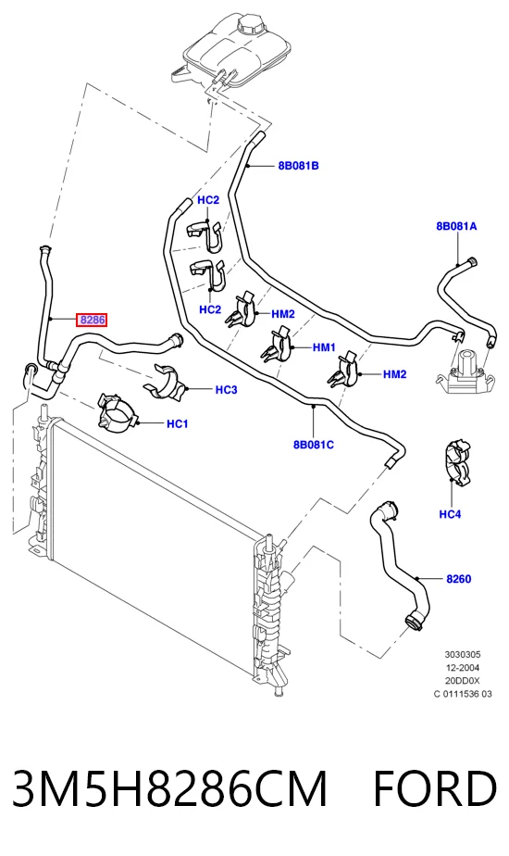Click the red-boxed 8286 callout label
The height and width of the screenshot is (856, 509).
pyautogui.click(x=92, y=320)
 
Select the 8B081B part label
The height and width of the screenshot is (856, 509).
pyautogui.click(x=298, y=166)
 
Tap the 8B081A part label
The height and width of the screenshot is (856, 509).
pyautogui.click(x=456, y=226)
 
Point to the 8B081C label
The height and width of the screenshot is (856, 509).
pyautogui.click(x=314, y=445)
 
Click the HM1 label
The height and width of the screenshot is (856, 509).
pyautogui.click(x=324, y=347)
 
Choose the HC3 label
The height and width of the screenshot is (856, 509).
pyautogui.click(x=227, y=390)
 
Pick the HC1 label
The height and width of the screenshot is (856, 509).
pyautogui.click(x=178, y=423)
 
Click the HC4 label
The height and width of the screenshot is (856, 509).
pyautogui.click(x=450, y=514)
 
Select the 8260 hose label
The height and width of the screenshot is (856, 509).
pyautogui.click(x=459, y=579)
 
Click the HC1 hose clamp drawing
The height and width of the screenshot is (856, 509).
pyautogui.click(x=118, y=411)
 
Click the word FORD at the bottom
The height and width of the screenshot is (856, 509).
pyautogui.click(x=435, y=788)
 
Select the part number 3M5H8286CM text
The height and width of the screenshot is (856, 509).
pyautogui.click(x=169, y=788)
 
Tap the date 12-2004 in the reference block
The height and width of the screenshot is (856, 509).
pyautogui.click(x=462, y=668)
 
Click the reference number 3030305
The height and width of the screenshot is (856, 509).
pyautogui.click(x=463, y=655)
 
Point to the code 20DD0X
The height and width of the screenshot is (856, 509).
pyautogui.click(x=462, y=681)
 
